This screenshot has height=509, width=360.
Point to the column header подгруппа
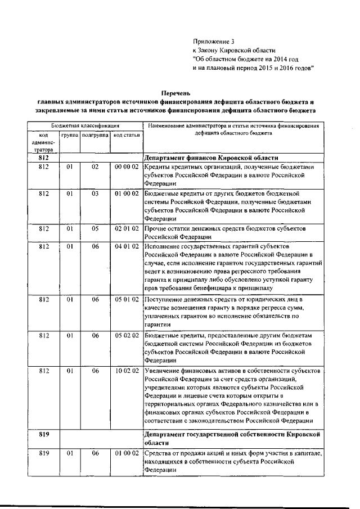tap(94, 136)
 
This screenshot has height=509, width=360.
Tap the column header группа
tap(70, 136)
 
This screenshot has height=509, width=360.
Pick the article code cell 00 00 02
tap(126, 168)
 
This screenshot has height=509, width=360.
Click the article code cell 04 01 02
tap(126, 247)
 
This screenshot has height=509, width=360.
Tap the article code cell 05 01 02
tap(126, 300)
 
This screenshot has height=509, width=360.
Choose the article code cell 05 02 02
tap(126, 336)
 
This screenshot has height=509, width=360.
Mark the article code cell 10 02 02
tap(126, 372)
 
